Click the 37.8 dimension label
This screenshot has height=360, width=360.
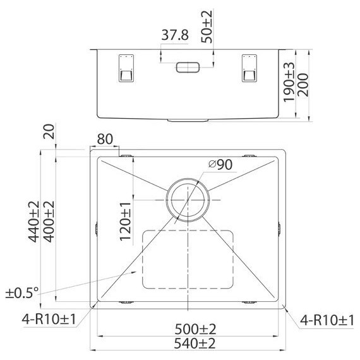tap(175, 35)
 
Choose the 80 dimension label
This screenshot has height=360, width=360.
tap(105, 139)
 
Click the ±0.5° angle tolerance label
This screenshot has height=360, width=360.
tap(23, 292)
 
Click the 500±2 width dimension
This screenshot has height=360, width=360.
tap(187, 329)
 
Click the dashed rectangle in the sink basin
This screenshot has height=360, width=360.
tap(188, 259)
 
